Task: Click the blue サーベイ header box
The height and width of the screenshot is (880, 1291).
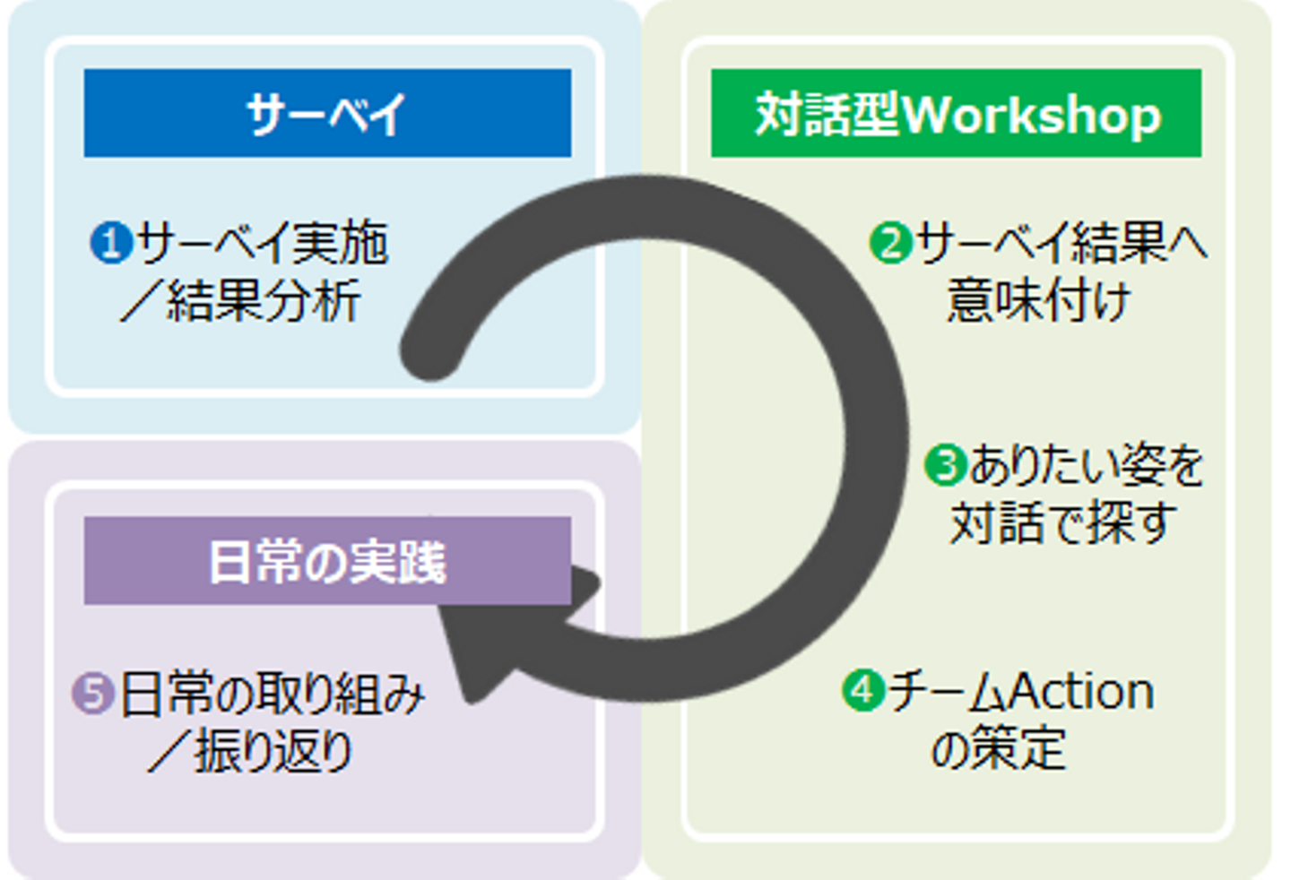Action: pyautogui.click(x=327, y=113)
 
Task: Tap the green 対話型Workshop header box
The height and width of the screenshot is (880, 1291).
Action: pyautogui.click(x=956, y=113)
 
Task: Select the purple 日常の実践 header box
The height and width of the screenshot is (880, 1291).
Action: pyautogui.click(x=327, y=561)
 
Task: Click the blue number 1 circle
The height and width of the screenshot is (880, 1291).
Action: pyautogui.click(x=111, y=243)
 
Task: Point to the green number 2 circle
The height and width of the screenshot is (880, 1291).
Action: pyautogui.click(x=891, y=243)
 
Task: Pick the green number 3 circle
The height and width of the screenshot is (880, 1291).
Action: pyautogui.click(x=945, y=466)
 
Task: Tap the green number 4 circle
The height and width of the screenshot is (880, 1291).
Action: pyautogui.click(x=863, y=691)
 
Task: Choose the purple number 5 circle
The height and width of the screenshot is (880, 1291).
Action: pyautogui.click(x=92, y=694)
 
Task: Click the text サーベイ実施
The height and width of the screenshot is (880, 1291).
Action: pyautogui.click(x=262, y=243)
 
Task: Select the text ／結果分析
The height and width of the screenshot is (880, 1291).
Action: pyautogui.click(x=240, y=300)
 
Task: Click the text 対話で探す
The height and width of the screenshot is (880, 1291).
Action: pyautogui.click(x=1062, y=522)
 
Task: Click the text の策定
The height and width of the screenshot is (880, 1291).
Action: pyautogui.click(x=998, y=748)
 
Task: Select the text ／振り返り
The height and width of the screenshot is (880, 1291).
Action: pyautogui.click(x=251, y=751)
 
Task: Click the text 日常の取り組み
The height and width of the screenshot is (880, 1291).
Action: pyautogui.click(x=272, y=694)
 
